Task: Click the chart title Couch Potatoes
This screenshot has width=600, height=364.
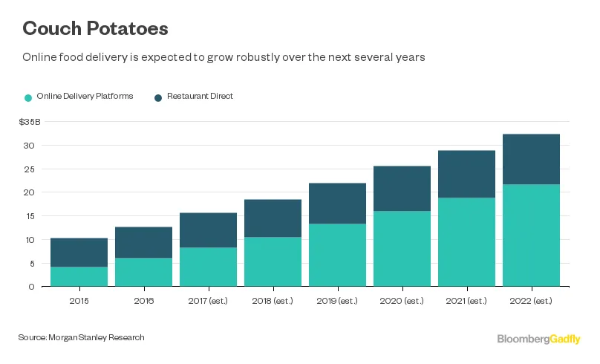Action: coord(95,29)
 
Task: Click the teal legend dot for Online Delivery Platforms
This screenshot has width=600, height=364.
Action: coord(28,97)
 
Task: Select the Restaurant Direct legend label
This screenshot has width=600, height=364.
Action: coord(200,97)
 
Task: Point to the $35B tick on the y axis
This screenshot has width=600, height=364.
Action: coord(30,122)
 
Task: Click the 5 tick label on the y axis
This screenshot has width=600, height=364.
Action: coord(31,263)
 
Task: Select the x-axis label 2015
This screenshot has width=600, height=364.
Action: coord(79,300)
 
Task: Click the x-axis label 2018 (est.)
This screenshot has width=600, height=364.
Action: coord(273,300)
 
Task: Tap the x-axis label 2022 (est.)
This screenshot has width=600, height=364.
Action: coord(531,300)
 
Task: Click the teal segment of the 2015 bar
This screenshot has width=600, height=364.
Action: coord(79,276)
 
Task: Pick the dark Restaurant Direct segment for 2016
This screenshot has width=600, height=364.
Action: coord(143,242)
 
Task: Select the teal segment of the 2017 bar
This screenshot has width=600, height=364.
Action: coord(208,267)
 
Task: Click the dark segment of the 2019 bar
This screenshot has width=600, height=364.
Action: coord(337,204)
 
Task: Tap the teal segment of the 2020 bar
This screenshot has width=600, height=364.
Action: coord(402,249)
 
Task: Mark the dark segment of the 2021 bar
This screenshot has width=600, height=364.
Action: coord(466,174)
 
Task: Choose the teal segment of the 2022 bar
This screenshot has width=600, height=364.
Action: coord(531,235)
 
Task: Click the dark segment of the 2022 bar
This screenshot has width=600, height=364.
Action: coord(531,159)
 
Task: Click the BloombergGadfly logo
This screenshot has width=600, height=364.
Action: coord(538,339)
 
